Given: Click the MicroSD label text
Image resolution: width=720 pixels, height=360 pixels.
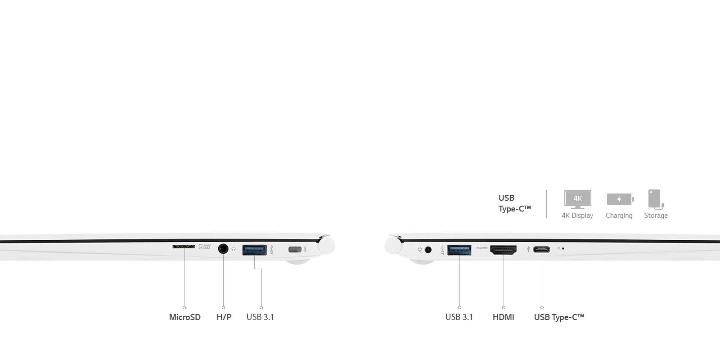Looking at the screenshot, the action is [185, 317].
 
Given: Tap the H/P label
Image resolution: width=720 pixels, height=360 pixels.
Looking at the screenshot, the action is [224, 317].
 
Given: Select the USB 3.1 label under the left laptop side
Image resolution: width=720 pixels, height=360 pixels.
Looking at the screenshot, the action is [261, 317].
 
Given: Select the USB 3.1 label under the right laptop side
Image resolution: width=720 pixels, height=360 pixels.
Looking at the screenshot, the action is [459, 317].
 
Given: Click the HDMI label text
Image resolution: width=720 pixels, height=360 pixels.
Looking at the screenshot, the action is [504, 317].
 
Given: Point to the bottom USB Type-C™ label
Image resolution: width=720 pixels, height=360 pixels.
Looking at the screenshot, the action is [559, 317].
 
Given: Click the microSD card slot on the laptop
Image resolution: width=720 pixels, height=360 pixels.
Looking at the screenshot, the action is [184, 247].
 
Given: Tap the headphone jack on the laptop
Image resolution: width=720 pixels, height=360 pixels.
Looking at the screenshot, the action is [223, 249].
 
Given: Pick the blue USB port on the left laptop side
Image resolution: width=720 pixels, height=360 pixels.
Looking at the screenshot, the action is [254, 250].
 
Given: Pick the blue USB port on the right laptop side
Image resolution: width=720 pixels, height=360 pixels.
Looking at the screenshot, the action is [459, 250].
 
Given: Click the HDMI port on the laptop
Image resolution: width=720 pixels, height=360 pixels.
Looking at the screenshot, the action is [504, 250].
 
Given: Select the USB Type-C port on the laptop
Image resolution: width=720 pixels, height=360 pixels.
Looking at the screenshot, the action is [542, 249].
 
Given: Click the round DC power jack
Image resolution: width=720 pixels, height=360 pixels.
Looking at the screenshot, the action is [428, 250].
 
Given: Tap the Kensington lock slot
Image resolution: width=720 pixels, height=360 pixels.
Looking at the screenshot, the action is [295, 249].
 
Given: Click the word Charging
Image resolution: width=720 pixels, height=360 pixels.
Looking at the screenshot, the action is [619, 216].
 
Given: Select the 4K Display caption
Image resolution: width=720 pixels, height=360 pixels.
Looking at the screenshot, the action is [577, 216].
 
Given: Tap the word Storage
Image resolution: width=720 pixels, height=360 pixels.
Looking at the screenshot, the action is [656, 216].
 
